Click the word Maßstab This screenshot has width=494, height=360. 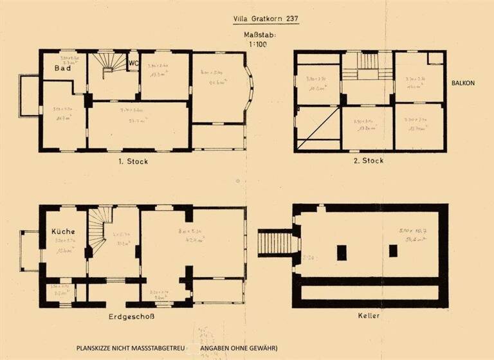tap(260, 35)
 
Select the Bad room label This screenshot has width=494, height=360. tap(62, 68)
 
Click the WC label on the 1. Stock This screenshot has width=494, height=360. tap(134, 63)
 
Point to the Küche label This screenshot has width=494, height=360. tap(64, 231)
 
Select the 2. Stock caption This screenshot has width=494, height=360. tap(367, 161)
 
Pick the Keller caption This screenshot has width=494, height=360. tap(370, 316)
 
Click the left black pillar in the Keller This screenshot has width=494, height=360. tap(342, 252)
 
